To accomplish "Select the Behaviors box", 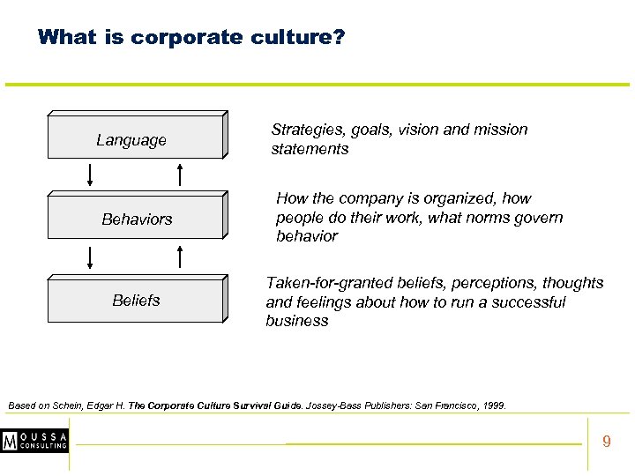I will tap(137, 219).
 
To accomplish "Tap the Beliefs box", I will tap(137, 301).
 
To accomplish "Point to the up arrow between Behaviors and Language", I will tap(180, 175).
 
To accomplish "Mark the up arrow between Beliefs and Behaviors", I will tap(180, 256).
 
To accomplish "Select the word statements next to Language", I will tap(310, 149).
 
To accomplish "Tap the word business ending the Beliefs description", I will tap(296, 321).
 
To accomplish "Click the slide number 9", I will tap(606, 441).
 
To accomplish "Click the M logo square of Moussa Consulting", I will tap(11, 440).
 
